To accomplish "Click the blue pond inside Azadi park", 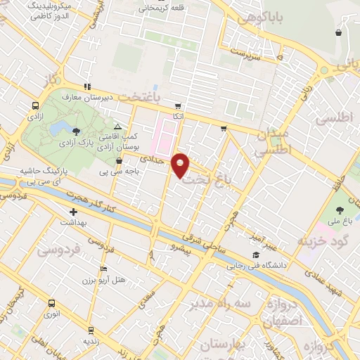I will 59,128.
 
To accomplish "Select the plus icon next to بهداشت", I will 72,211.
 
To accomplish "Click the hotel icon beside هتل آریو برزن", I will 104,269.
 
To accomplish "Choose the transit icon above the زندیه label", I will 90,328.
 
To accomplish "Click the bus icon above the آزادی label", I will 34,105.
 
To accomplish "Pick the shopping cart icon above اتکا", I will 179,105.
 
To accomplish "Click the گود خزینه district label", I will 323,242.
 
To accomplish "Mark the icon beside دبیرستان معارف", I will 86,87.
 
